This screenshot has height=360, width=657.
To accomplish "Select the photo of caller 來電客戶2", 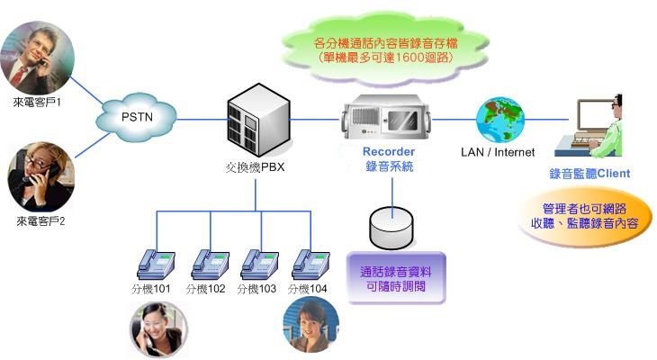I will tap(38, 177).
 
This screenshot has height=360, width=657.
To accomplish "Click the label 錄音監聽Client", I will tap(589, 173).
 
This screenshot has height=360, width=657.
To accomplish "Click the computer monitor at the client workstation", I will tap(589, 114).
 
